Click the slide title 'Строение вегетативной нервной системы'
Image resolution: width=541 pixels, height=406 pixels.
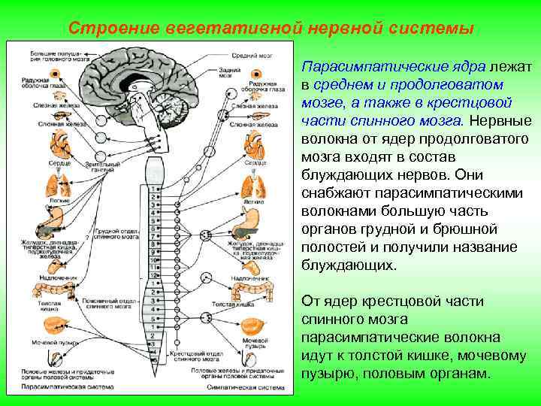pos(270,28)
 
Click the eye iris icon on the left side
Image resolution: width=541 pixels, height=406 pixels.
pos(36,74)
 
